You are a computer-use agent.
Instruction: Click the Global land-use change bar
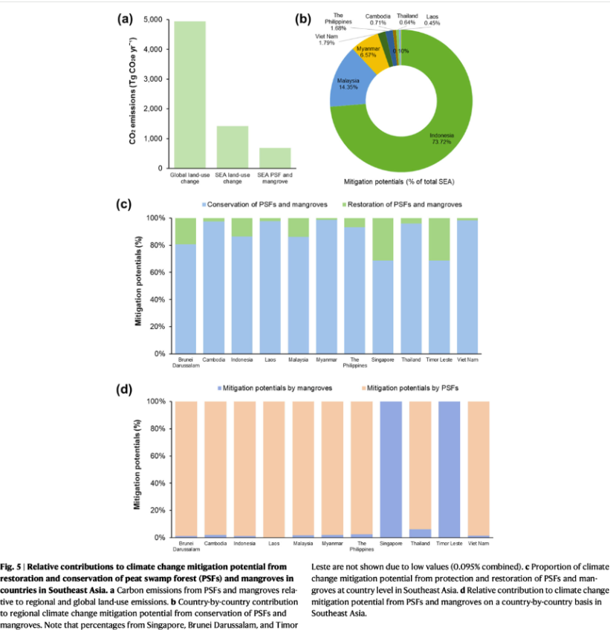pyautogui.click(x=189, y=94)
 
